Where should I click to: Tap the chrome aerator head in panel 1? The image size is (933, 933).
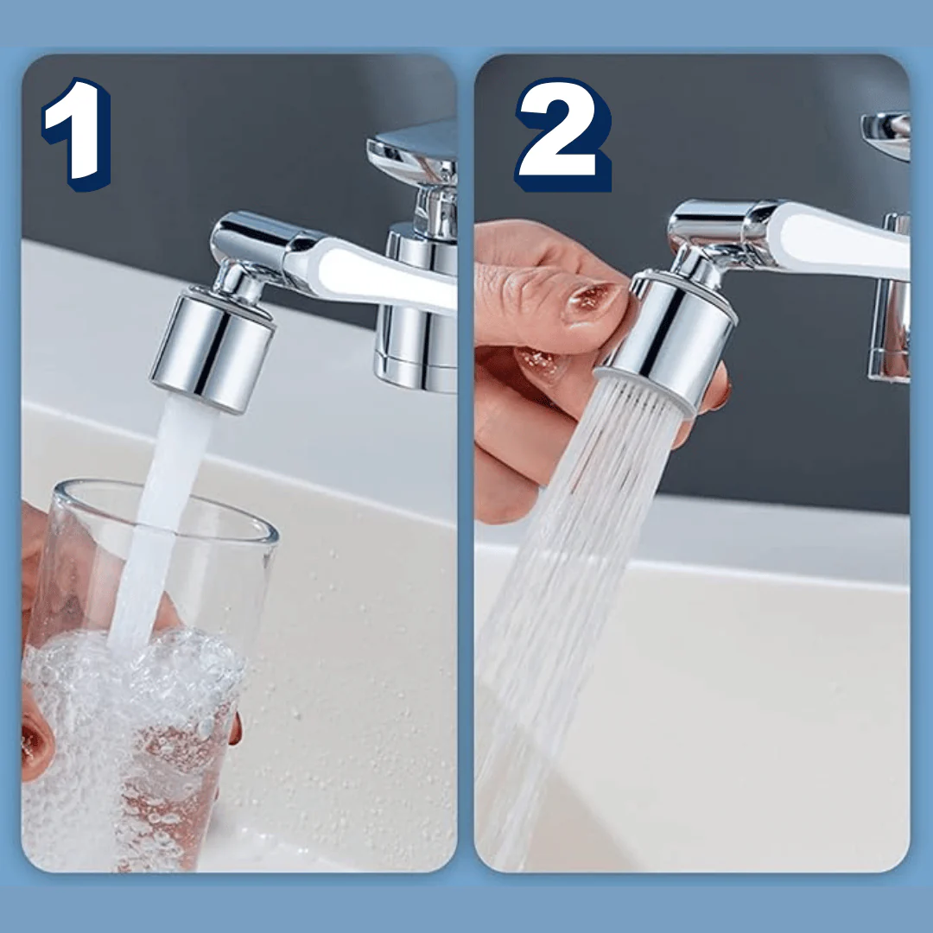[x=213, y=350]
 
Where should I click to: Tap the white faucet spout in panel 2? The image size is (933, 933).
[x=833, y=238]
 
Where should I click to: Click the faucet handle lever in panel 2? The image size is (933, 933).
[x=886, y=135]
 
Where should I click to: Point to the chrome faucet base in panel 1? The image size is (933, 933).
[x=416, y=309]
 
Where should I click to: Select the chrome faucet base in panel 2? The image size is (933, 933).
[x=889, y=297]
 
